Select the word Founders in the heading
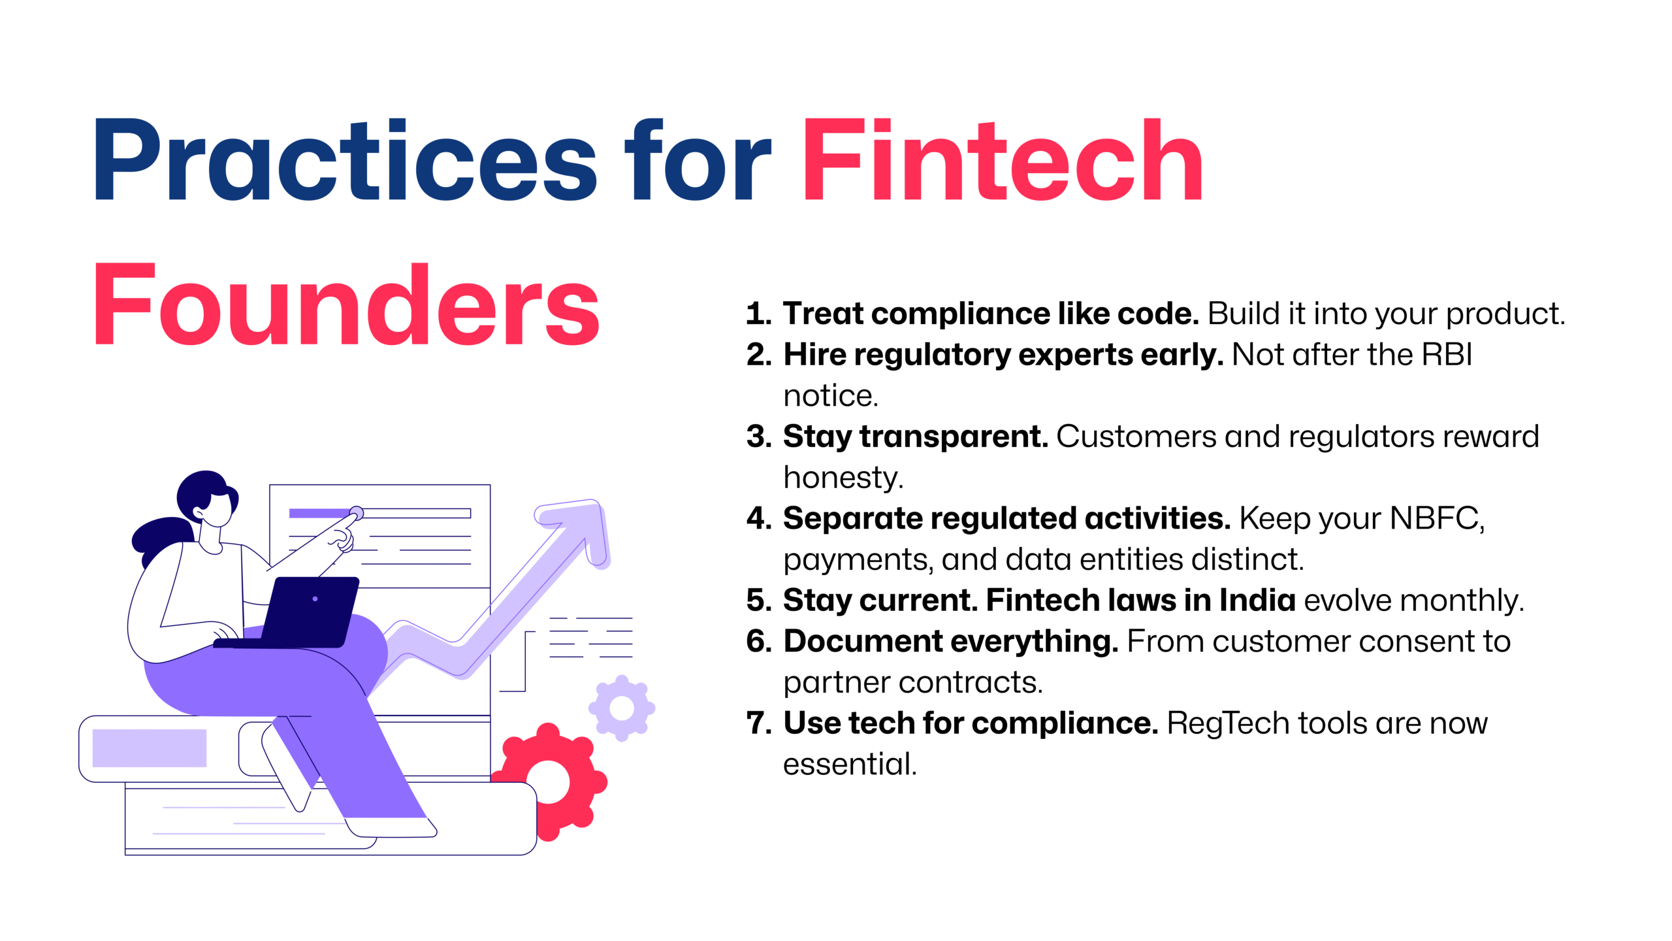point(347,304)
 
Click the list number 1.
point(758,314)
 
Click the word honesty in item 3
point(843,478)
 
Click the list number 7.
point(758,723)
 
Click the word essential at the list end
point(850,764)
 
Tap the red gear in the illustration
point(549,782)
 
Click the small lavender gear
point(622,708)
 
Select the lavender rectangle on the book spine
point(150,748)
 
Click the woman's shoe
point(392,827)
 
